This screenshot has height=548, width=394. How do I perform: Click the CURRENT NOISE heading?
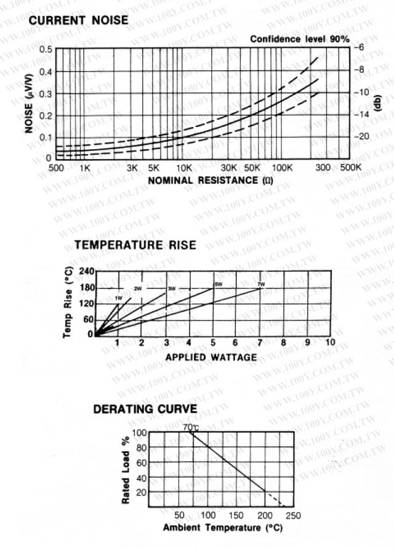point(79,20)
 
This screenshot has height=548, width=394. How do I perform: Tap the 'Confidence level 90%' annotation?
point(299,39)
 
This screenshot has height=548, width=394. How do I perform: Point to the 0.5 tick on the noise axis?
point(46,49)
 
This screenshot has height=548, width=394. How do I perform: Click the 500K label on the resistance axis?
point(350,168)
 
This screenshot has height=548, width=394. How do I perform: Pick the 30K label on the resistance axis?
point(229,168)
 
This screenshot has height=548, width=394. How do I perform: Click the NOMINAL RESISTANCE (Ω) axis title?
point(211,180)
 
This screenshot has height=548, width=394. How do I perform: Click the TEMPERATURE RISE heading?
point(135,245)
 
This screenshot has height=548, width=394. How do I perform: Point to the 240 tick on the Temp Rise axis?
point(86,272)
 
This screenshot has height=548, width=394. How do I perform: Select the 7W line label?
point(261,284)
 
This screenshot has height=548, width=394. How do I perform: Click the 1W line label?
point(118,298)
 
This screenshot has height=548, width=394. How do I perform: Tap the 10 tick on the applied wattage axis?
point(330,342)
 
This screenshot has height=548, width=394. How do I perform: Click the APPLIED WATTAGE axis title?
point(211,357)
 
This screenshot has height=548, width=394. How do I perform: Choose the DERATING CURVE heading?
point(145,409)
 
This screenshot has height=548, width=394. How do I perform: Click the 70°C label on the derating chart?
point(191,427)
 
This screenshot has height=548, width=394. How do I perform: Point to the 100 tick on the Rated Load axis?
point(139,432)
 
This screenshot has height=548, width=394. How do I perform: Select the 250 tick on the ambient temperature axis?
point(293,515)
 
